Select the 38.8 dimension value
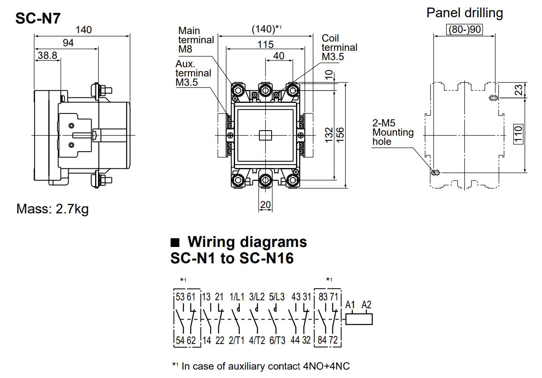click(47, 55)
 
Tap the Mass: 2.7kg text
click(53, 209)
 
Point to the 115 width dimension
click(265, 44)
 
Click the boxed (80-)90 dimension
click(464, 30)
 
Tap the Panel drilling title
click(464, 13)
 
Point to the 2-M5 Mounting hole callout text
click(393, 132)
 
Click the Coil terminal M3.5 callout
click(339, 47)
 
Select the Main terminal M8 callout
click(196, 40)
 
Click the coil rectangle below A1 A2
click(359, 319)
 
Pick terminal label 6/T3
click(277, 340)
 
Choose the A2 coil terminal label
click(366, 305)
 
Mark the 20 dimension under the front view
click(265, 205)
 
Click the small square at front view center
click(265, 135)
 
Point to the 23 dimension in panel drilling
click(518, 90)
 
